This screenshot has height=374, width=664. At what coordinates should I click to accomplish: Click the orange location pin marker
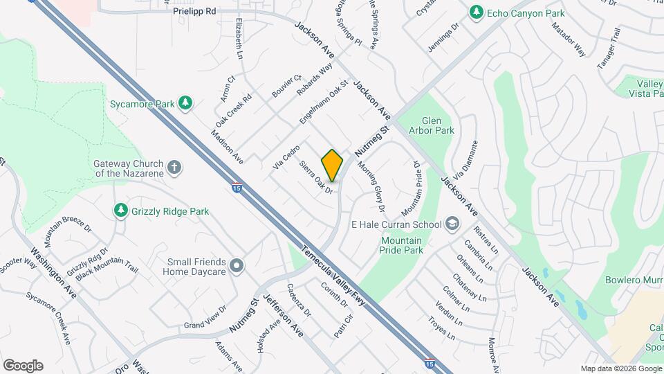point(332,166)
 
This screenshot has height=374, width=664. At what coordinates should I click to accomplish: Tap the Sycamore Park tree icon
point(185,103)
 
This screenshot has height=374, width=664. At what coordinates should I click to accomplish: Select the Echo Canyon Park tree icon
point(476,13)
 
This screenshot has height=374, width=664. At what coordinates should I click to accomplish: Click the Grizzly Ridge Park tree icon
point(121,210)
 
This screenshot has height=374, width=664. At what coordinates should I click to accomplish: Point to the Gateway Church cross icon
point(174,167)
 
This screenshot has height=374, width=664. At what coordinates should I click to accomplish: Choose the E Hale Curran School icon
point(452,224)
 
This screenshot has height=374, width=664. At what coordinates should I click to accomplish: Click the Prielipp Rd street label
point(194,11)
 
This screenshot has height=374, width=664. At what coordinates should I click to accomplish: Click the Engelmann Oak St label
point(323,101)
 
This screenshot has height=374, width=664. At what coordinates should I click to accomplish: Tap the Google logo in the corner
point(22,366)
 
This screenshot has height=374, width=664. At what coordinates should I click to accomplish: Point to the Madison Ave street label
point(228,147)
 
